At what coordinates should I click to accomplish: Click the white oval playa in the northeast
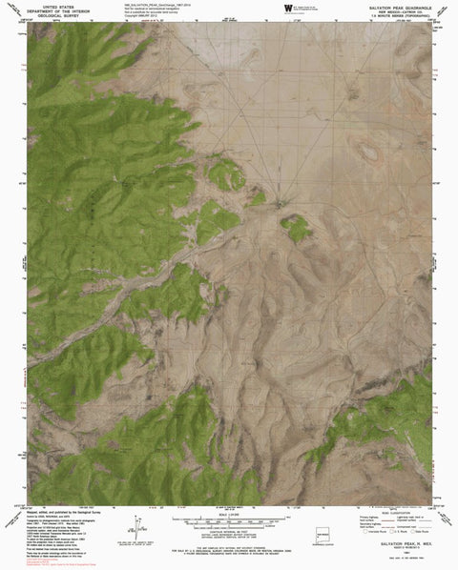tap(366, 150)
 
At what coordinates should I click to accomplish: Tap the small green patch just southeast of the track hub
tap(296, 227)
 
